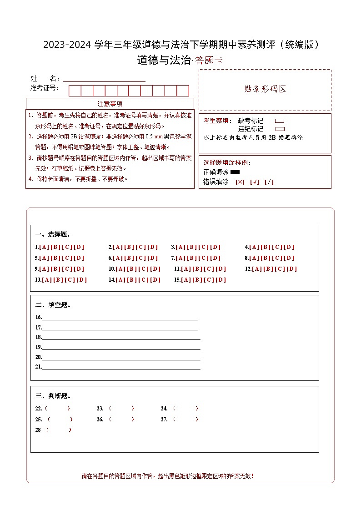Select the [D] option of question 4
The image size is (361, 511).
click(x=289, y=247)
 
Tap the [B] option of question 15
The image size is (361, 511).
click(x=198, y=280)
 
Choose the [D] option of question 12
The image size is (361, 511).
click(x=292, y=269)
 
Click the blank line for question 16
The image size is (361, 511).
click(x=120, y=318)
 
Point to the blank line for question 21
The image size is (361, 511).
click(x=121, y=367)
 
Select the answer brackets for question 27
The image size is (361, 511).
click(x=186, y=420)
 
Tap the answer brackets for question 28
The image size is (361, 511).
click(x=59, y=430)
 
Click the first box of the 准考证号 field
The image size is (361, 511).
click(x=75, y=91)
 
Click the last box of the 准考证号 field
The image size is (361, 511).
click(x=183, y=91)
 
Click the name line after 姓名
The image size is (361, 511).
click(x=104, y=79)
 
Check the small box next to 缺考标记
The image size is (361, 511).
click(x=280, y=121)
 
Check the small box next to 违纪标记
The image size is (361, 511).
click(x=280, y=129)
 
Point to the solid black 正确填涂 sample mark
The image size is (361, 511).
click(x=235, y=172)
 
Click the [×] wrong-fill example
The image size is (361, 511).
click(x=240, y=182)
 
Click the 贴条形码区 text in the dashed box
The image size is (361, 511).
click(x=265, y=89)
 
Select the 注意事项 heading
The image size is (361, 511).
click(x=110, y=104)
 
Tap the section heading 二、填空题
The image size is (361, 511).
click(x=53, y=305)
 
